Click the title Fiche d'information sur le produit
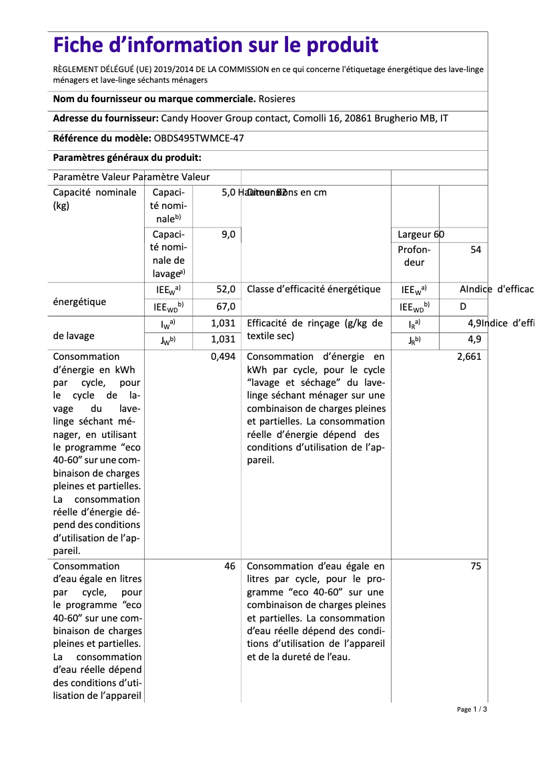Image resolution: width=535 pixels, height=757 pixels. pyautogui.click(x=215, y=45)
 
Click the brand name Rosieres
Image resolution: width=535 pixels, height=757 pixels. pyautogui.click(x=277, y=99)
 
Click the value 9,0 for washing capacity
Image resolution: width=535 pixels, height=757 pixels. pyautogui.click(x=228, y=234)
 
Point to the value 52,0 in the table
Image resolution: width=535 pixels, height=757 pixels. pyautogui.click(x=225, y=289)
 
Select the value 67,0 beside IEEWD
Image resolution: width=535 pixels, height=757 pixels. pyautogui.click(x=225, y=306)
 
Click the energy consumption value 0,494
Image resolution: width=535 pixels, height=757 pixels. pyautogui.click(x=223, y=356)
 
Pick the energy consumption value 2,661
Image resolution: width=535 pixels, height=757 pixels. pyautogui.click(x=469, y=356)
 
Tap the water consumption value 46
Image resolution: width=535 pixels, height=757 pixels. pyautogui.click(x=229, y=566)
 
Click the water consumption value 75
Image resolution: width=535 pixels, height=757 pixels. pyautogui.click(x=476, y=566)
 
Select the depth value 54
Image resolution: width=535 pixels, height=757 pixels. pyautogui.click(x=476, y=249)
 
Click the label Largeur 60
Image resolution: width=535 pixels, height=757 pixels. pyautogui.click(x=420, y=234)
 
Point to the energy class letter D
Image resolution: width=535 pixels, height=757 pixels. pyautogui.click(x=463, y=306)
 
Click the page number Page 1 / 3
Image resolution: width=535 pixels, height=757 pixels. pyautogui.click(x=472, y=709)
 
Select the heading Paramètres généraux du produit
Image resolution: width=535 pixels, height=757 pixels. pyautogui.click(x=127, y=158)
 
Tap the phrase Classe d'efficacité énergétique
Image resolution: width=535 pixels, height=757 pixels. pyautogui.click(x=314, y=289)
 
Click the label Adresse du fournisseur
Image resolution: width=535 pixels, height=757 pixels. pyautogui.click(x=105, y=119)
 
